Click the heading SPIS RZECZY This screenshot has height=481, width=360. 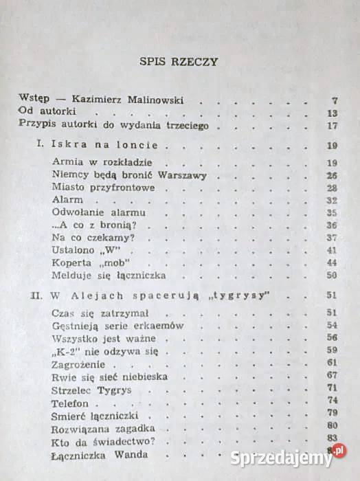[x=179, y=61]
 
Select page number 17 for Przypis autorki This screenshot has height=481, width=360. [x=333, y=126]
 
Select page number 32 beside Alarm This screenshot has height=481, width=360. [x=333, y=200]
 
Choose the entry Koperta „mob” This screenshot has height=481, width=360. [x=81, y=262]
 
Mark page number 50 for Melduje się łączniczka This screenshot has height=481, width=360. [x=333, y=275]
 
